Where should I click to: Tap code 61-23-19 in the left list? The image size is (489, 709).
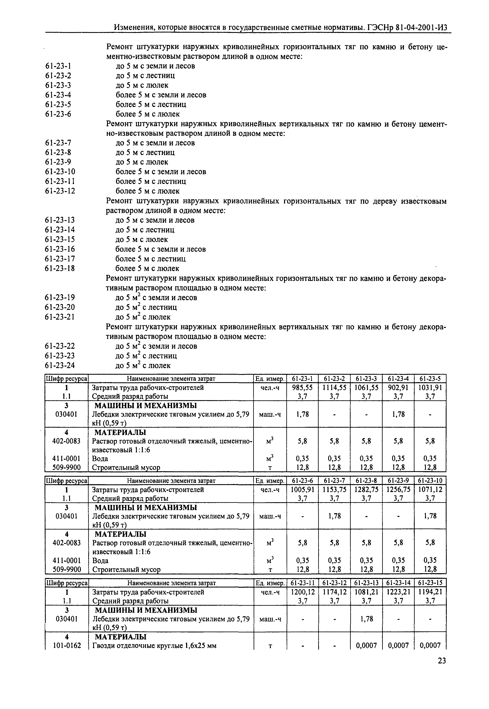(x=60, y=297)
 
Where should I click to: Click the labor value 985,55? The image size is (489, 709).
(x=302, y=388)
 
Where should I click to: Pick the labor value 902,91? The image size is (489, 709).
(x=398, y=388)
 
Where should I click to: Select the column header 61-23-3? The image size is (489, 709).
(x=366, y=379)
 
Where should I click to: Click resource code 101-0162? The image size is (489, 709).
(x=67, y=646)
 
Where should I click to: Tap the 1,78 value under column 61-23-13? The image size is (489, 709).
(x=366, y=619)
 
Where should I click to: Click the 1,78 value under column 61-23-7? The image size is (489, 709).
(x=334, y=516)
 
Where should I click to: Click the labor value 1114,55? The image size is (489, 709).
(x=334, y=388)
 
